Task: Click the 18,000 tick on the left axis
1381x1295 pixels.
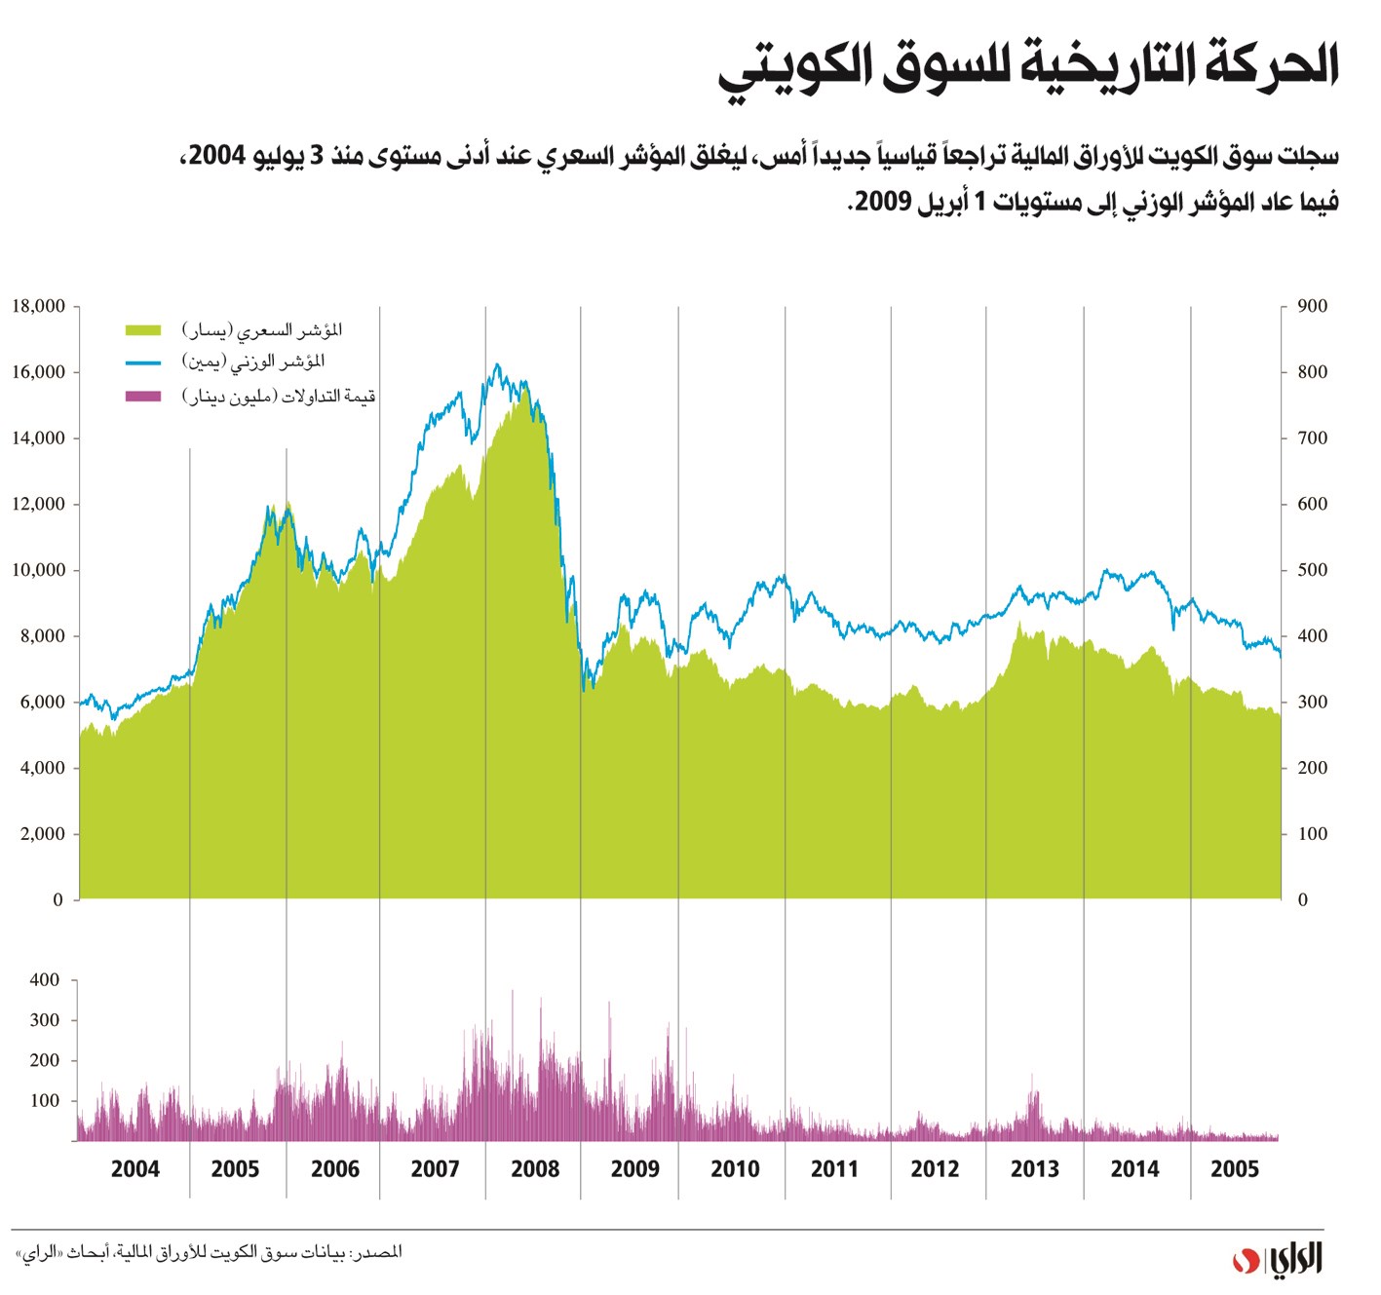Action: tap(39, 306)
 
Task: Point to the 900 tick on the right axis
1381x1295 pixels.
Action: tap(1312, 306)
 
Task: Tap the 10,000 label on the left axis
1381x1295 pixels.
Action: tap(39, 570)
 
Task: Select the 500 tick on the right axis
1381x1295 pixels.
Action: tap(1312, 570)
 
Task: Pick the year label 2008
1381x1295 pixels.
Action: tap(535, 1168)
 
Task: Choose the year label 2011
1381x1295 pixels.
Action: tap(834, 1168)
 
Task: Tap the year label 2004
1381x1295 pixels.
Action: tap(134, 1168)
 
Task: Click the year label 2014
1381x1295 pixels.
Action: tap(1134, 1168)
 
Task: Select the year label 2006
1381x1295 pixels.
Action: tap(335, 1168)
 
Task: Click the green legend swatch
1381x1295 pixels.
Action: tap(142, 330)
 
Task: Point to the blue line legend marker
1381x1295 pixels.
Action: tap(142, 362)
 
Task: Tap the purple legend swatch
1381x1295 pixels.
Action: tap(142, 396)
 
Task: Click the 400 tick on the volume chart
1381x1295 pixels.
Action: tap(45, 980)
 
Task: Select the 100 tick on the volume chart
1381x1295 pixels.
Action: tap(45, 1101)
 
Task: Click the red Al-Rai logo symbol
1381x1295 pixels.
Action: tap(1242, 1260)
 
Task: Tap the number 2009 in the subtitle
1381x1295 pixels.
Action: tap(883, 202)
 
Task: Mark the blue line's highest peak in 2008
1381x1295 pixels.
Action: tap(497, 365)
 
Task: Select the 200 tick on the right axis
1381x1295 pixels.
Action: tap(1312, 768)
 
